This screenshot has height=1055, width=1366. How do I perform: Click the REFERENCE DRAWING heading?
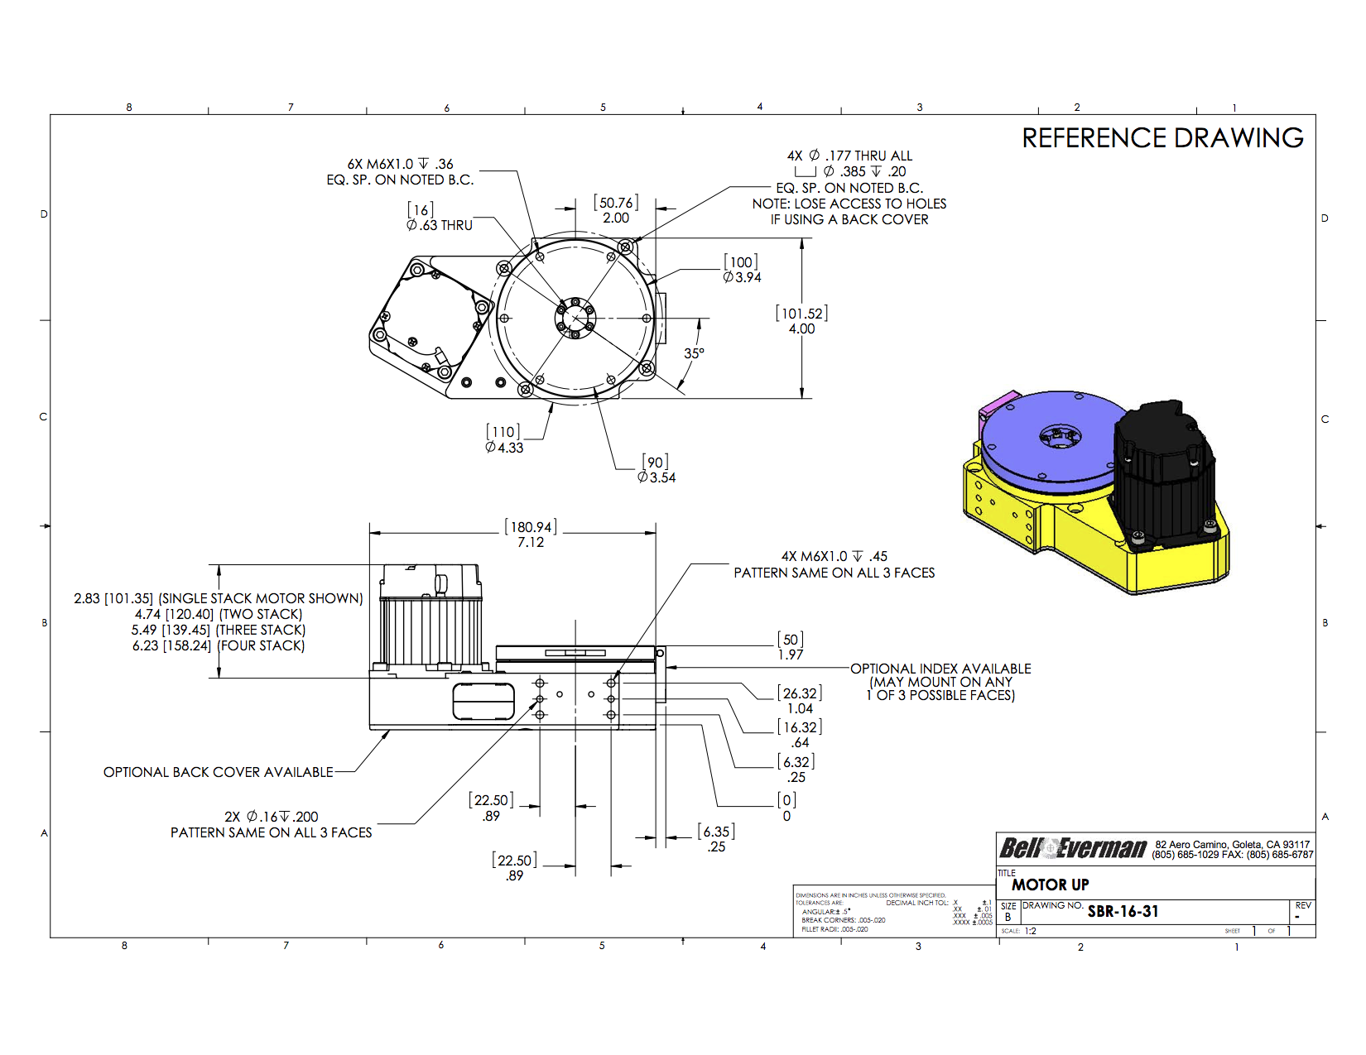coord(1162,138)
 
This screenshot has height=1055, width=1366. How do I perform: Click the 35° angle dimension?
coord(694,353)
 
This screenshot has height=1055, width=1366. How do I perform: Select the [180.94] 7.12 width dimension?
coord(531,535)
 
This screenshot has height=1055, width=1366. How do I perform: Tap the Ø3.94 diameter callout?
coord(742,271)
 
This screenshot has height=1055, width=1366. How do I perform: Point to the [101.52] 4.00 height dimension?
coord(801,321)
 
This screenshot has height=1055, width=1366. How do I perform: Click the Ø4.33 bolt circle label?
coord(504,440)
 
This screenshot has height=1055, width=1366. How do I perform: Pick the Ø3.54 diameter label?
coord(656,470)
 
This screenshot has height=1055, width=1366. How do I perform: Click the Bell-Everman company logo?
coord(1072,848)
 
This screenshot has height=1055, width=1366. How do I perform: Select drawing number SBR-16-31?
coord(1123,912)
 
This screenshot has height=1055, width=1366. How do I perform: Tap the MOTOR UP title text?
coord(1050,885)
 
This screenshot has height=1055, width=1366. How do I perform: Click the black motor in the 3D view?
coord(1163,472)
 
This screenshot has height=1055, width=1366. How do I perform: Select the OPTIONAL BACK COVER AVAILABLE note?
coord(218,772)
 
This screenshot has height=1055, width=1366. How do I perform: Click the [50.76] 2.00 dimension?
coord(616,210)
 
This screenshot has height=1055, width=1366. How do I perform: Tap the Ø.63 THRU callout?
coord(439,225)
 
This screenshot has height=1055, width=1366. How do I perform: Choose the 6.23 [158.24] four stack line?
coord(219,645)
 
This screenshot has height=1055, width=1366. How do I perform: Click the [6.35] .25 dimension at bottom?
coord(716,839)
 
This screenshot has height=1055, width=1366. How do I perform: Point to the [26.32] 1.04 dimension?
coord(800,701)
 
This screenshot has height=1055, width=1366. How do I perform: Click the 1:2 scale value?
coord(1030,931)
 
